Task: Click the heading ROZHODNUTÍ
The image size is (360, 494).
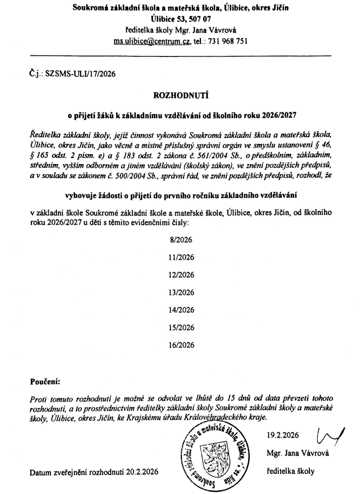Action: click(x=181, y=96)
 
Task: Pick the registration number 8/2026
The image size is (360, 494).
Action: click(x=181, y=239)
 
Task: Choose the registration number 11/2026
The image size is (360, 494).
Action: click(x=181, y=257)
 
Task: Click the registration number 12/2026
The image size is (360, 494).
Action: click(x=181, y=274)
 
